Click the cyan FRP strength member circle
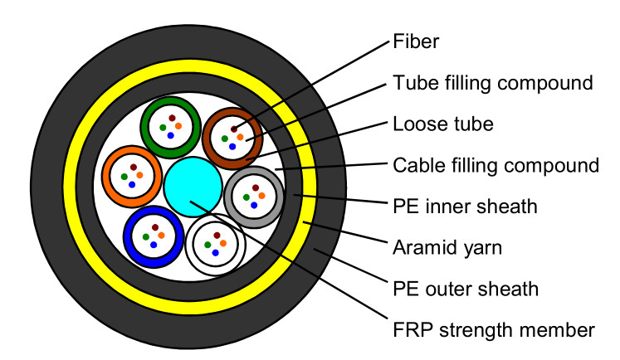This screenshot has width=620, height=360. [x=193, y=187]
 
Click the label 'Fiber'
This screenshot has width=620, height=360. [x=416, y=41]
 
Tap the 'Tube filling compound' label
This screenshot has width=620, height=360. [x=493, y=83]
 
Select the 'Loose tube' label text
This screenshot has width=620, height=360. [x=443, y=124]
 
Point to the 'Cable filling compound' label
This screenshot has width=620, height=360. [x=496, y=166]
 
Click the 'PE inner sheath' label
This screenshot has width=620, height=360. [x=465, y=207]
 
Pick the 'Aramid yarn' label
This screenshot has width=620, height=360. [x=447, y=248]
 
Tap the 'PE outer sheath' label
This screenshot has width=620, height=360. [x=466, y=289]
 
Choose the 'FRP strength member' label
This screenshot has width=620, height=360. [x=494, y=330]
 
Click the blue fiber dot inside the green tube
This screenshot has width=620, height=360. [x=171, y=135]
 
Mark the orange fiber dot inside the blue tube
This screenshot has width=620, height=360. [x=161, y=236]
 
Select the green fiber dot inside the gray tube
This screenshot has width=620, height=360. [x=247, y=197]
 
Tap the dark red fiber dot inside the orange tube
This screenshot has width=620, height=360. [x=134, y=168]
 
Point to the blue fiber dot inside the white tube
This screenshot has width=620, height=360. [x=216, y=252]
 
